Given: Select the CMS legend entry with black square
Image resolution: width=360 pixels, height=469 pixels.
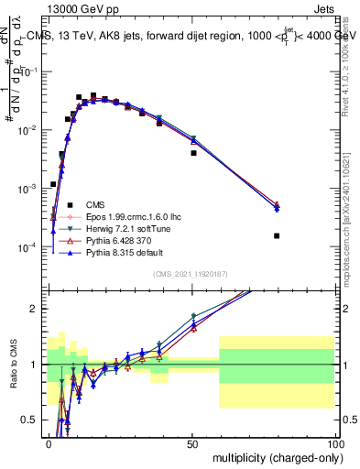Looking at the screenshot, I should coord(94,204).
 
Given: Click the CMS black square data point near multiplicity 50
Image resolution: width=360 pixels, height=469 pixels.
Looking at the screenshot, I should coord(193,153).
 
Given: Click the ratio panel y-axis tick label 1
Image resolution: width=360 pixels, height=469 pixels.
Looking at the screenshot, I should coord(36,365).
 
